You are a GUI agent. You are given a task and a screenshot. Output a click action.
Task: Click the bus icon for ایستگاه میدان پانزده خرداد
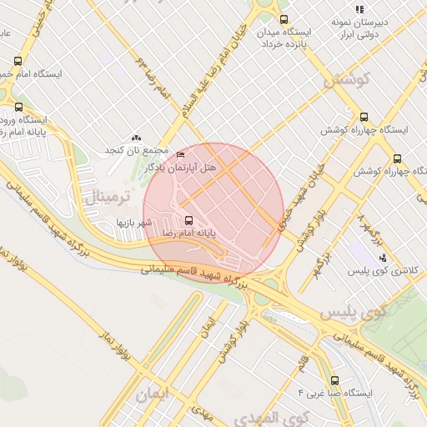(x=284, y=19)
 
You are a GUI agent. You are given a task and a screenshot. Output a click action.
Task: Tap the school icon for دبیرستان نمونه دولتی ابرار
(x=359, y=9)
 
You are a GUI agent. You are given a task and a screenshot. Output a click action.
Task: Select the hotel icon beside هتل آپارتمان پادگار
(x=182, y=155)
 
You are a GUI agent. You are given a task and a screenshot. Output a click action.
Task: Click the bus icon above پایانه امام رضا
(x=188, y=220)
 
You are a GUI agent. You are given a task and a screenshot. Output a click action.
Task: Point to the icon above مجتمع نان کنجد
(x=136, y=138)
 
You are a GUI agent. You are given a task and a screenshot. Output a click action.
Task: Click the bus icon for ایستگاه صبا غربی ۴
(x=334, y=380)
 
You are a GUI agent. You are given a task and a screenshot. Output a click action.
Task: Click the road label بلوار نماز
(x=117, y=354)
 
